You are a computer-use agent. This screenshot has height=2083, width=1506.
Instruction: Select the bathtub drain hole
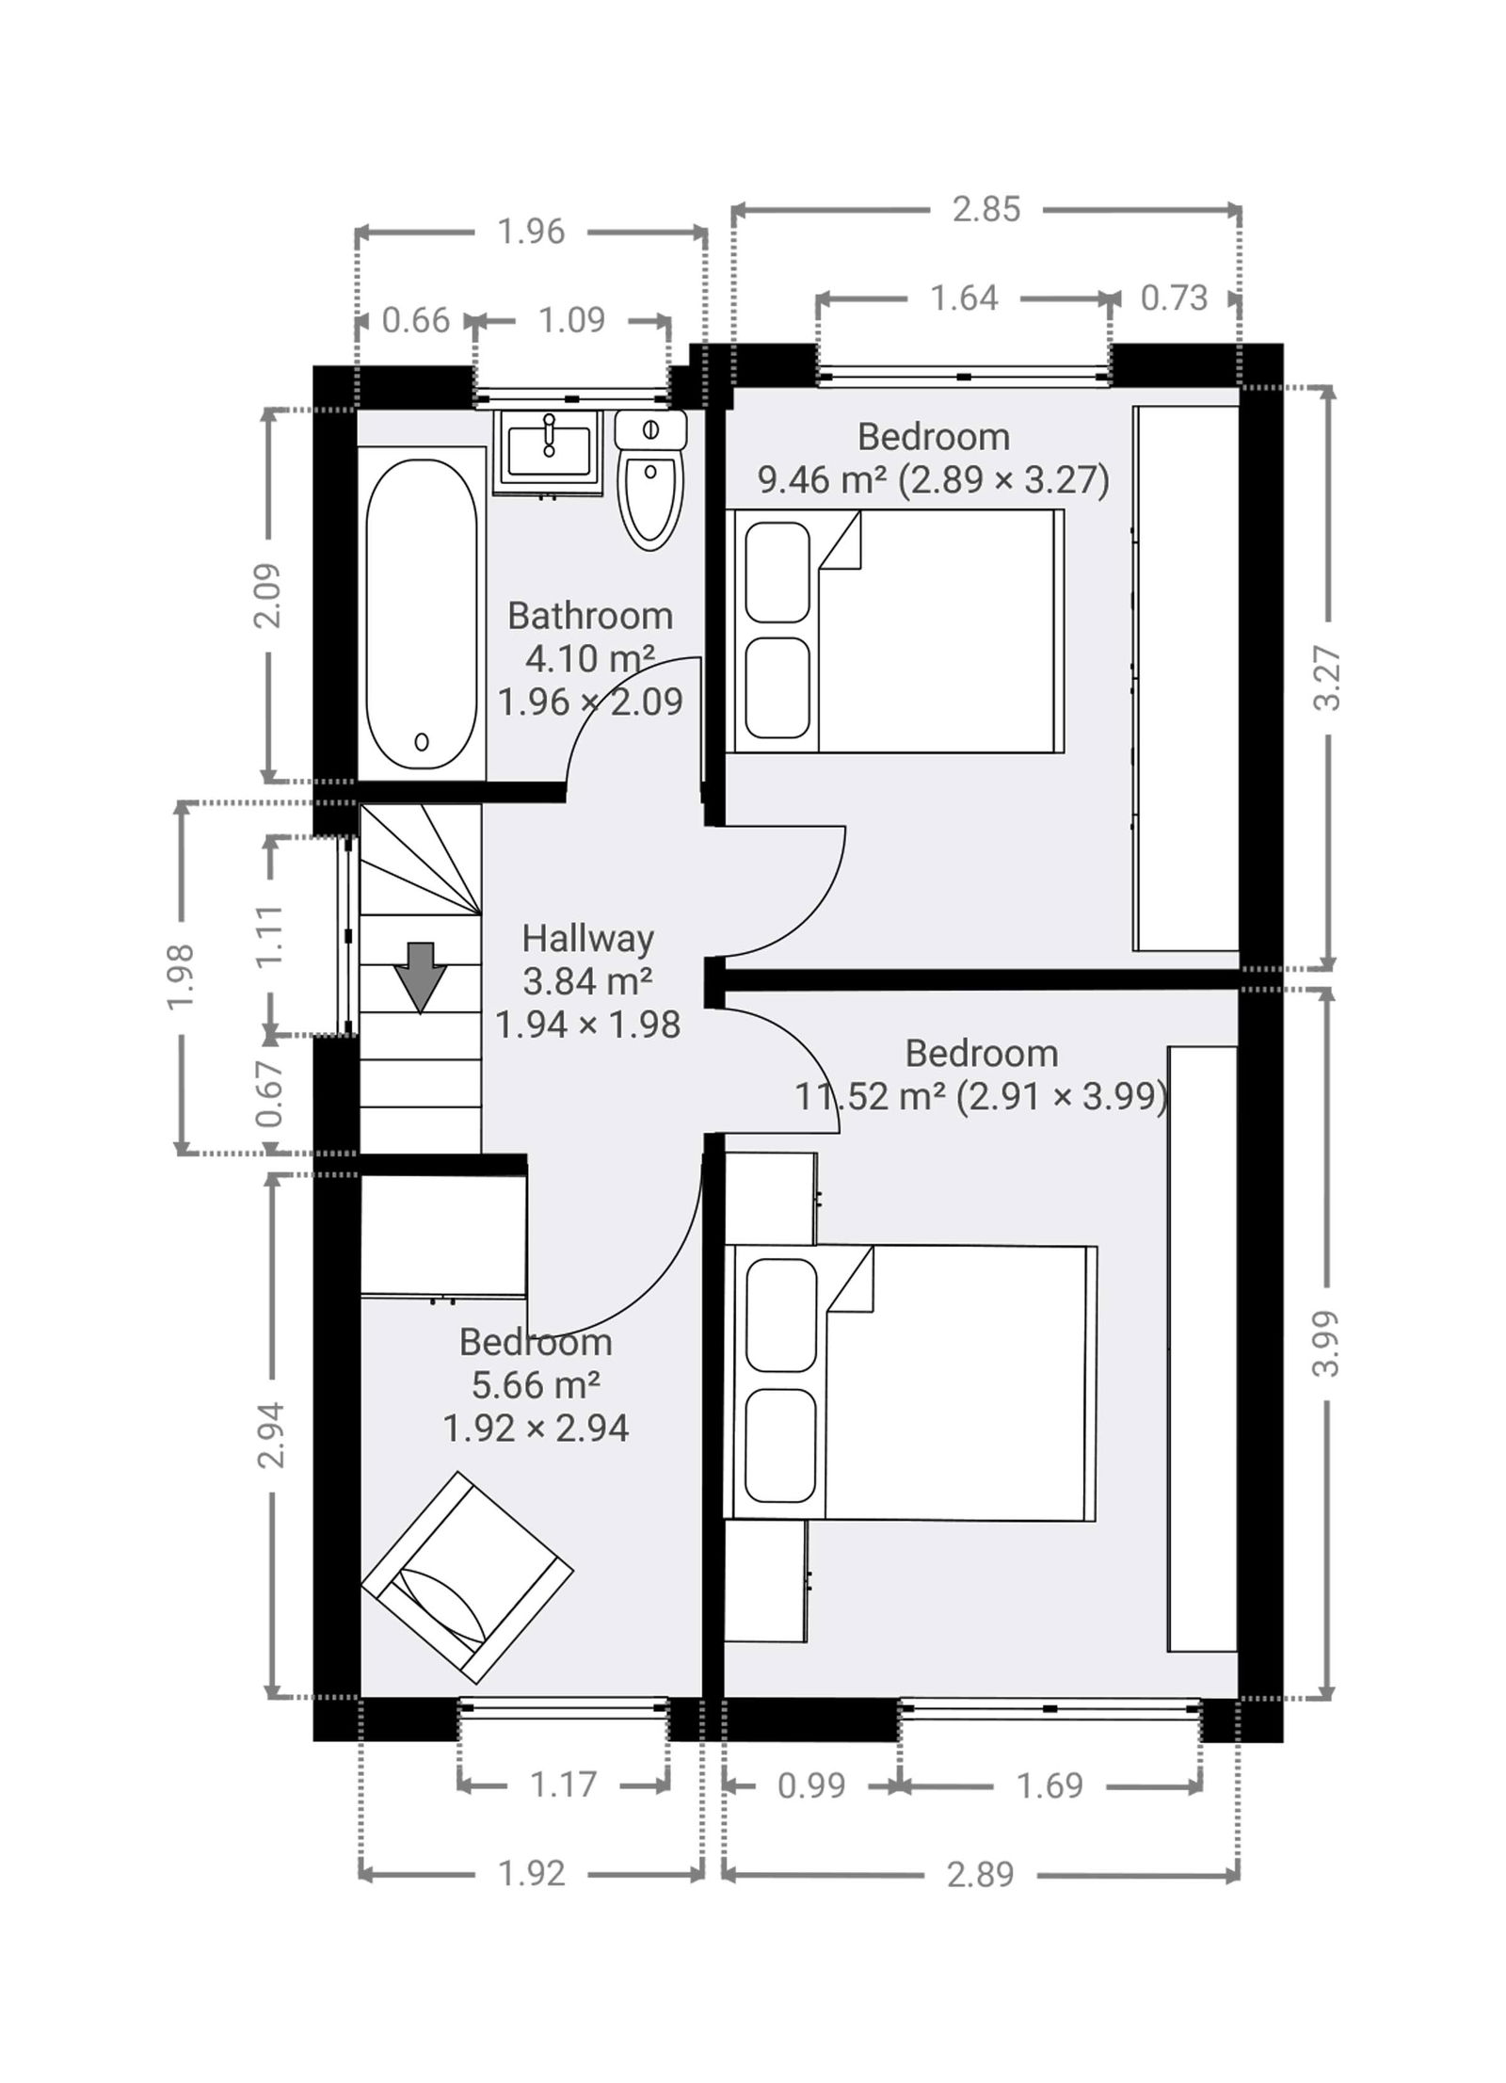(x=422, y=742)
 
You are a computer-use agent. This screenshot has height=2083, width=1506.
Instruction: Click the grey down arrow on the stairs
(x=419, y=977)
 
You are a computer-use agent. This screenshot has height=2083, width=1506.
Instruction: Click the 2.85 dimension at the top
(x=985, y=209)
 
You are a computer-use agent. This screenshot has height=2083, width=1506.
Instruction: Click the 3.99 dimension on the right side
(x=1326, y=1343)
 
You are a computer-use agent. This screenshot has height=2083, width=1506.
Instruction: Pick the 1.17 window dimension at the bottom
(x=563, y=1784)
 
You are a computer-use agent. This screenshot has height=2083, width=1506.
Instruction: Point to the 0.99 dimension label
(x=811, y=1785)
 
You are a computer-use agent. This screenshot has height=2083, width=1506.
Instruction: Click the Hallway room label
(x=587, y=938)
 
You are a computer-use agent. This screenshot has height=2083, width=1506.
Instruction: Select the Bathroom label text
(x=590, y=616)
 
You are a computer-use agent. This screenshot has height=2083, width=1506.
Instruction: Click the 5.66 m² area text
(x=536, y=1384)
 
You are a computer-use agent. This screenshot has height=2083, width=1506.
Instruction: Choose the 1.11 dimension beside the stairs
(x=269, y=935)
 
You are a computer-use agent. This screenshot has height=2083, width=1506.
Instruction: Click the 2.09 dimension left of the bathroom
(x=267, y=595)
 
